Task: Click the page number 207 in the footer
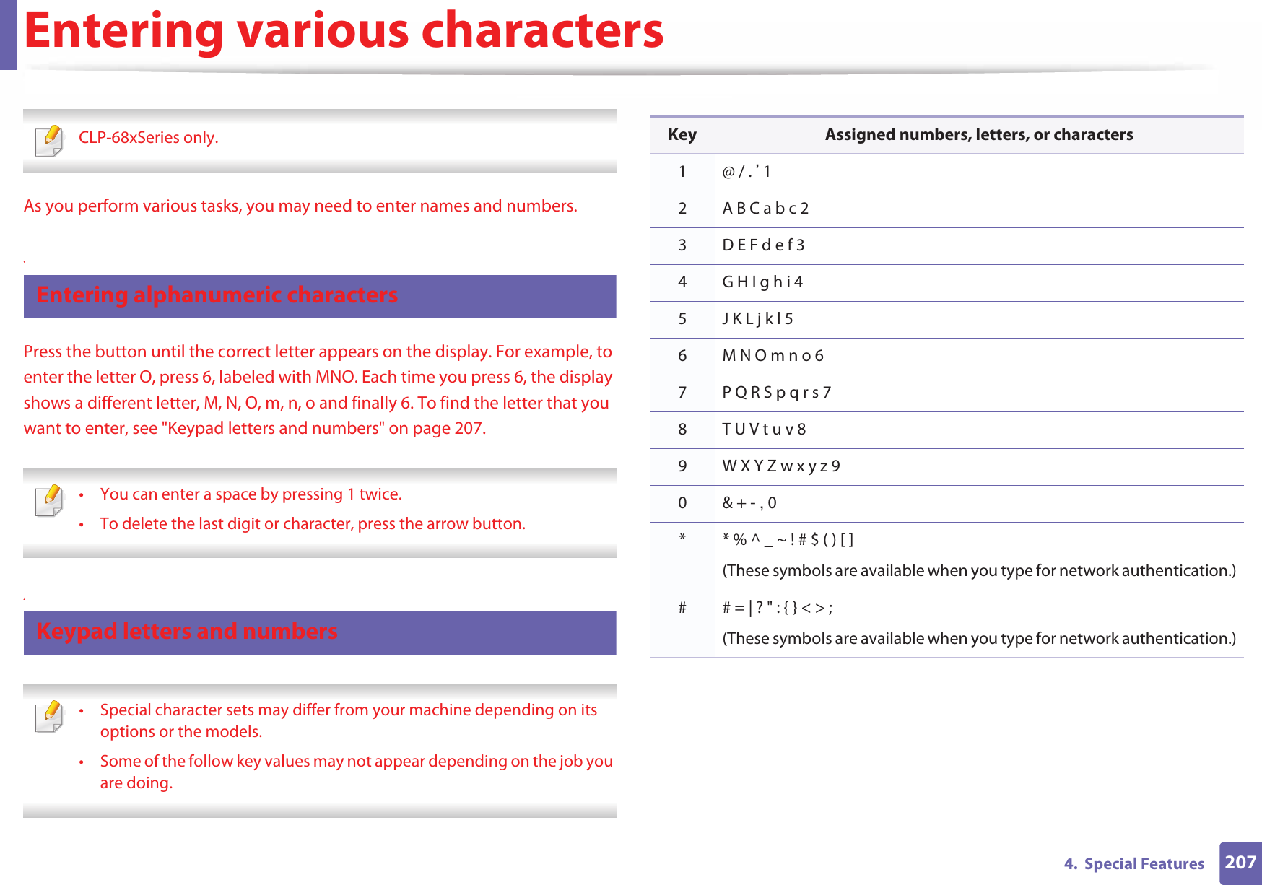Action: [1240, 862]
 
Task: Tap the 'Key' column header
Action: [682, 135]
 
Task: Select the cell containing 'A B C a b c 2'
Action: [765, 209]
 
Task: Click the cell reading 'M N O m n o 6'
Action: [773, 356]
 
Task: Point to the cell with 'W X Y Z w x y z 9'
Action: [781, 466]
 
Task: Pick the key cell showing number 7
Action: [682, 393]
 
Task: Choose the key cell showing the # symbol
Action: [682, 608]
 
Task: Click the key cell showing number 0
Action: [682, 503]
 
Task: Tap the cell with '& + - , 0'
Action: [749, 503]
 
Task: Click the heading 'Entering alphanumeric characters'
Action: [217, 295]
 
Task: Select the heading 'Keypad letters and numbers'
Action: [187, 632]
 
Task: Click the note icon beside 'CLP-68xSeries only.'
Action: [49, 140]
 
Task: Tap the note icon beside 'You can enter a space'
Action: [49, 500]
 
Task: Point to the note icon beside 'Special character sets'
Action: [49, 716]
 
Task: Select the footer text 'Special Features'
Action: [1144, 864]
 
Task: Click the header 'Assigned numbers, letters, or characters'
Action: [978, 135]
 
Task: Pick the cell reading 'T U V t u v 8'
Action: [764, 430]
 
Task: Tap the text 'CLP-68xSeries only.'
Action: [148, 138]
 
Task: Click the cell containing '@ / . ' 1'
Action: [747, 172]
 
